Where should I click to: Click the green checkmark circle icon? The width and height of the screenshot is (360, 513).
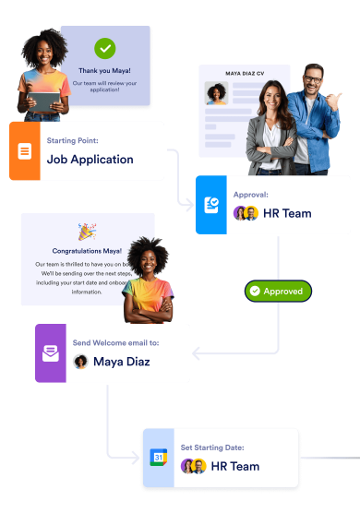(105, 48)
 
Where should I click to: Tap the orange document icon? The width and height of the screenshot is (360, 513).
(25, 150)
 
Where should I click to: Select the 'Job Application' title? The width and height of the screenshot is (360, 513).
(90, 159)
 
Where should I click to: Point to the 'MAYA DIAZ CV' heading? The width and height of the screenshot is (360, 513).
(245, 73)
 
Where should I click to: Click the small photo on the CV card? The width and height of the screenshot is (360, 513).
(218, 94)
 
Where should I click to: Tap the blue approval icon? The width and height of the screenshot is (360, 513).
(211, 204)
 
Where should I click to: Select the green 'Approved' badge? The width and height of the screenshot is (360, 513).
(278, 291)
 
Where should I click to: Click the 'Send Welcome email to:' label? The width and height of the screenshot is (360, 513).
(115, 342)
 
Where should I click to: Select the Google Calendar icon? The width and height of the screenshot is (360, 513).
(158, 458)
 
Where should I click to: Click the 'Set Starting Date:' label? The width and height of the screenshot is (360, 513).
(212, 448)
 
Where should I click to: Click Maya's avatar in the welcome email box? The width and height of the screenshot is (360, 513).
(81, 361)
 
